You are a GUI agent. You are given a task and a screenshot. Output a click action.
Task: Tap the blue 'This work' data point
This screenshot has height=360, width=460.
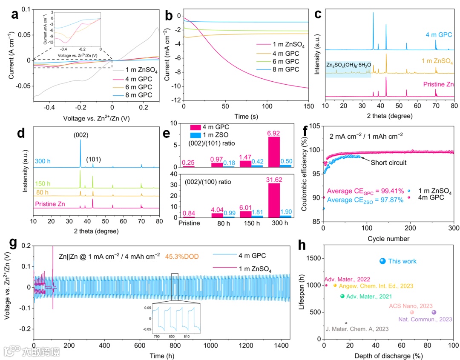coord(382,261)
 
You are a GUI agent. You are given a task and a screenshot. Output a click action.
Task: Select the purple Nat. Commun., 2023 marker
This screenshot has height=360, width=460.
coord(434,312)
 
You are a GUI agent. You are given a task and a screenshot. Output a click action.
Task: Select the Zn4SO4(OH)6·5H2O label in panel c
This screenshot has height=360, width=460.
coord(348,65)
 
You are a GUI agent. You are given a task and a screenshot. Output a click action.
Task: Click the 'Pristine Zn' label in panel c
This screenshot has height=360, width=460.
coord(438,85)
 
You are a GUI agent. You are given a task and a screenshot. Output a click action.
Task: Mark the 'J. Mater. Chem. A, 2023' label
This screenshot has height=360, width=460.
coord(357,329)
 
